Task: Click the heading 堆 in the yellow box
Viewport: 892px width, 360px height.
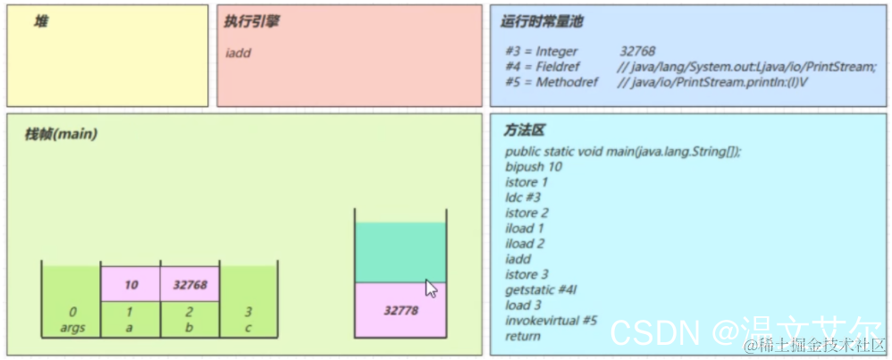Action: pyautogui.click(x=41, y=21)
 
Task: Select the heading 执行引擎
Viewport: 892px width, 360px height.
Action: pyautogui.click(x=251, y=21)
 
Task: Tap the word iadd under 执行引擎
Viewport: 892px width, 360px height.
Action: pyautogui.click(x=239, y=53)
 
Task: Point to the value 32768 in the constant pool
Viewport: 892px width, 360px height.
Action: pyautogui.click(x=636, y=52)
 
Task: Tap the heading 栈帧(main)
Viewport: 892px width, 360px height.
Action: pyautogui.click(x=61, y=134)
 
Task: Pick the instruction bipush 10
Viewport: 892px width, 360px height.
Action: pyautogui.click(x=534, y=166)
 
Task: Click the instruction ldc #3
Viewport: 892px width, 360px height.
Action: pyautogui.click(x=523, y=197)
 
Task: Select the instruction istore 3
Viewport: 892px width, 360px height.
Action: pyautogui.click(x=527, y=274)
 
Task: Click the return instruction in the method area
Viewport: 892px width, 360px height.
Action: pyautogui.click(x=523, y=336)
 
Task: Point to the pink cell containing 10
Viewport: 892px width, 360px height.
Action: pyautogui.click(x=130, y=285)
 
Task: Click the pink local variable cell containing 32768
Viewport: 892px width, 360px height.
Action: pyautogui.click(x=189, y=285)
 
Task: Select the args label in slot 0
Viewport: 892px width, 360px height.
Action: pyautogui.click(x=72, y=327)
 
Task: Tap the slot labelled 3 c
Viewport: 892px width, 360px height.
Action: pyautogui.click(x=248, y=319)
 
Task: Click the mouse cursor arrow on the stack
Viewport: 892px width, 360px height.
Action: pyautogui.click(x=431, y=289)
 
